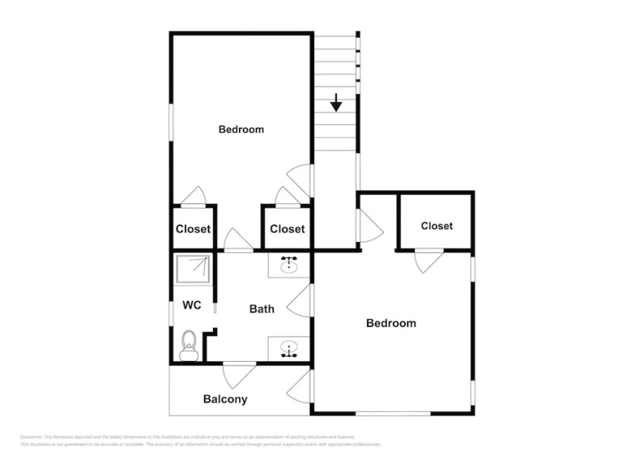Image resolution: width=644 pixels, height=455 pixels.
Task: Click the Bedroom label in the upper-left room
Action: pos(241,129)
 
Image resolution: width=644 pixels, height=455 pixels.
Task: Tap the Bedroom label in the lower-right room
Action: pos(391,323)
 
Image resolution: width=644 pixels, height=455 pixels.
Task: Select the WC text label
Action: pos(192,306)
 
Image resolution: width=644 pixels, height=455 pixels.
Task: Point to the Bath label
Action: pos(262,309)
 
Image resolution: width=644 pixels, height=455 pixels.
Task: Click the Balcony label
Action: pos(225,399)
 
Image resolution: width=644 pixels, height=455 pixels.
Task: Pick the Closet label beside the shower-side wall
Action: pos(193,229)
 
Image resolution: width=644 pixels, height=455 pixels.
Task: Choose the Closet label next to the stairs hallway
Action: pos(287,229)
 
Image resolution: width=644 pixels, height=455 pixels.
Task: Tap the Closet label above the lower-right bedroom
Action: pos(436,226)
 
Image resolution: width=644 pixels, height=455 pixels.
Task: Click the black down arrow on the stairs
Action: pos(336,102)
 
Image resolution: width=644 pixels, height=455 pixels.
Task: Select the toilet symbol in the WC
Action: pos(189,346)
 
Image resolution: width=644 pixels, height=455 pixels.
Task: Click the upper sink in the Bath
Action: pos(289,265)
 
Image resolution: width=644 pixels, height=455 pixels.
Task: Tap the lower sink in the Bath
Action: pos(289,349)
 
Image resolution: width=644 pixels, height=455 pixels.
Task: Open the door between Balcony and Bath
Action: pos(240,374)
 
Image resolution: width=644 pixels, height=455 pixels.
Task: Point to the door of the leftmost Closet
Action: pos(193,196)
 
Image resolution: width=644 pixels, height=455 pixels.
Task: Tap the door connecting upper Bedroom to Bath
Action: pos(238,240)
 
